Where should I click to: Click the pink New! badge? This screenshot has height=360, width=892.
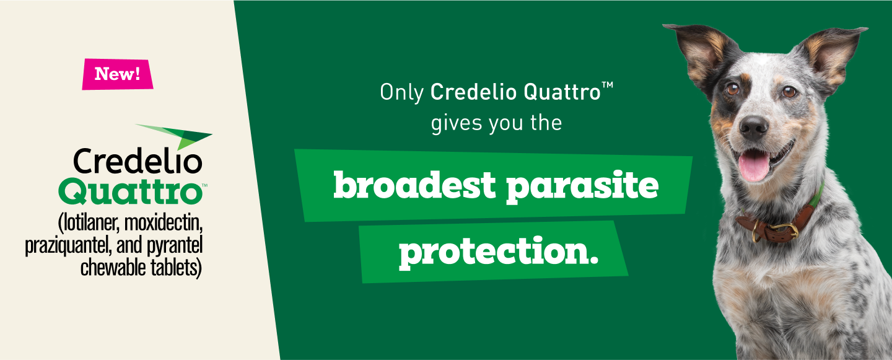pos(117,74)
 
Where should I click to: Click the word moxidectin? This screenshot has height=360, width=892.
pos(165,222)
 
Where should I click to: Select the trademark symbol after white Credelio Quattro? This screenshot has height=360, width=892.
pos(607,89)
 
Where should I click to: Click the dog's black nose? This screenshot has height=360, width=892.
pos(754,127)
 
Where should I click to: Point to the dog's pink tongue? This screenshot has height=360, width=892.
pos(754,166)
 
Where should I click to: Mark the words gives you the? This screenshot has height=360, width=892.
pos(496,122)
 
